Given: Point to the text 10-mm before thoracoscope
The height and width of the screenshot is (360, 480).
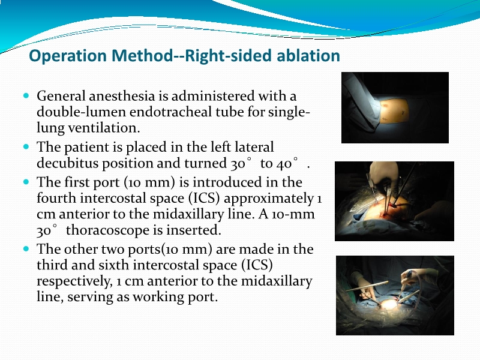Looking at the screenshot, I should click(298, 214).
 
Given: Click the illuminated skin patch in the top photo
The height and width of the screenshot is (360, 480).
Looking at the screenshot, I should click(396, 109).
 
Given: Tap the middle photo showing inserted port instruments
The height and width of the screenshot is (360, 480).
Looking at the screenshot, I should click(394, 201).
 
